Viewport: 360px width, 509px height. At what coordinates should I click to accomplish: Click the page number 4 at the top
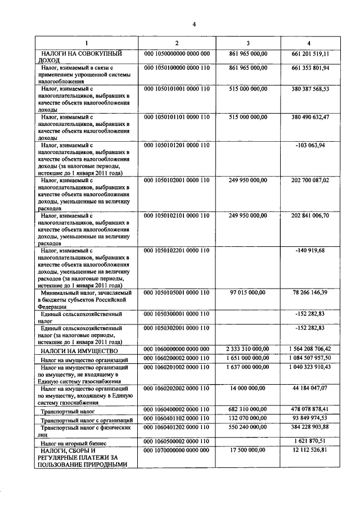(193, 24)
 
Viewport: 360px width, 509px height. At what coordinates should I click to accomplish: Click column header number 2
(177, 43)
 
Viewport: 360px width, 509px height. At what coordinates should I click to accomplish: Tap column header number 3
(248, 43)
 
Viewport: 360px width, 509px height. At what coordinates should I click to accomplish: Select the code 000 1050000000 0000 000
(177, 53)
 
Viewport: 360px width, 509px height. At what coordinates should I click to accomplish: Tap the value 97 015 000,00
(248, 293)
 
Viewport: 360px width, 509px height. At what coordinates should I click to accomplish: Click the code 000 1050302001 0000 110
(177, 328)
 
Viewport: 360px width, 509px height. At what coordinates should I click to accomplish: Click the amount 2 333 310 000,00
(248, 349)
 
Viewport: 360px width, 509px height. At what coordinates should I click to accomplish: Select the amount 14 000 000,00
(248, 388)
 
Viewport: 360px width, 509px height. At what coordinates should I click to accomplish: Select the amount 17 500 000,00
(248, 451)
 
